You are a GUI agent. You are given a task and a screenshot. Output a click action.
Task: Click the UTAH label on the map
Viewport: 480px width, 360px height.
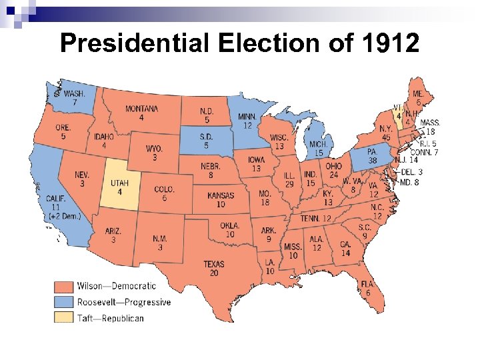point(119,183)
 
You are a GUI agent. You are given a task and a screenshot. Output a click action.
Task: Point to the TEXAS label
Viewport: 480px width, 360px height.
point(215,264)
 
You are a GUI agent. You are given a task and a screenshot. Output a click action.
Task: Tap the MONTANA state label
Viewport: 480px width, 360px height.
point(141,109)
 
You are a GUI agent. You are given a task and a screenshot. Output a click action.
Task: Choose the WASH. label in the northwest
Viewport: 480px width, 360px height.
point(75,94)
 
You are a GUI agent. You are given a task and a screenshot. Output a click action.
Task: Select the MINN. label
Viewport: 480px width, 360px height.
point(247,116)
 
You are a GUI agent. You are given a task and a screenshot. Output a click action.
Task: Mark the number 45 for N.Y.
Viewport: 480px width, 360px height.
point(386,137)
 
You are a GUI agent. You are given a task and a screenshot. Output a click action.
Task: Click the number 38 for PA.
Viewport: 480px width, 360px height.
point(373,161)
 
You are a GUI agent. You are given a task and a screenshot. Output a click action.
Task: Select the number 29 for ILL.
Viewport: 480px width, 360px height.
point(289,183)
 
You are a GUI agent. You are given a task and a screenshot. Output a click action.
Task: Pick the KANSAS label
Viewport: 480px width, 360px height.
point(221,196)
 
